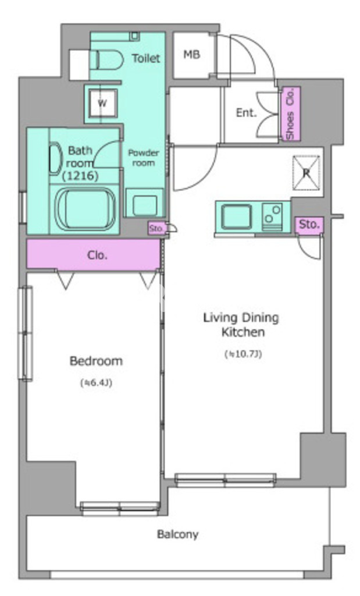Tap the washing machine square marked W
[x=102, y=103]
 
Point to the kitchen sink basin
[x=236, y=217]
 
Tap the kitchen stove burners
[x=272, y=217]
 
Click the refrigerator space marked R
[x=306, y=173]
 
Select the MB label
[x=191, y=55]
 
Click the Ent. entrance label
[x=246, y=112]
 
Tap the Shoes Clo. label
[x=290, y=114]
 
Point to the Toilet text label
[x=146, y=58]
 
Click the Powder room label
[x=143, y=158]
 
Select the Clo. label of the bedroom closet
[x=97, y=255]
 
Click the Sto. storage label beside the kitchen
[x=309, y=225]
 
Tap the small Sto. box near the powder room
[x=156, y=228]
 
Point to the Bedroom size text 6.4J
[x=96, y=383]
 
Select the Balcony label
[x=178, y=534]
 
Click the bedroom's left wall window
[x=26, y=333]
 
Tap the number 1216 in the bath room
[x=80, y=176]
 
